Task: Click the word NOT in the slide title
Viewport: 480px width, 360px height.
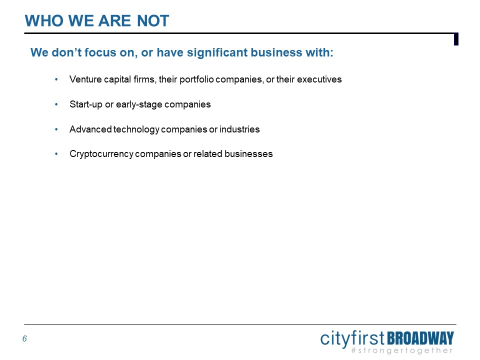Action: (153, 21)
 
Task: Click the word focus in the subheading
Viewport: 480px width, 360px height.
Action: (100, 52)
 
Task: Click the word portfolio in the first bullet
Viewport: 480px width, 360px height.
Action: (196, 79)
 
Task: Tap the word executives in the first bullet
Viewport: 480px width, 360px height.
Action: (319, 79)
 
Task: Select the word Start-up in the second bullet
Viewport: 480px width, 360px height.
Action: (85, 104)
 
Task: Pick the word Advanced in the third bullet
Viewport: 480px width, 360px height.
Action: (90, 129)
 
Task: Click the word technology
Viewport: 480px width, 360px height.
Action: (136, 129)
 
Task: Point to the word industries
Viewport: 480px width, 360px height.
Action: (239, 129)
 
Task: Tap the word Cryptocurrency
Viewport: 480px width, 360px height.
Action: (101, 154)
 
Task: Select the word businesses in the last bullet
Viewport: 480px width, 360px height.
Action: (248, 153)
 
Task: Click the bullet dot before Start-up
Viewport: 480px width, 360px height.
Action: (56, 104)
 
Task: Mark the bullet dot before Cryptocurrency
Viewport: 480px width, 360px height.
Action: (56, 153)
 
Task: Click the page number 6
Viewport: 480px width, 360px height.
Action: (24, 338)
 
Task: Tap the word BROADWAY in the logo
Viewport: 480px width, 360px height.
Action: (420, 338)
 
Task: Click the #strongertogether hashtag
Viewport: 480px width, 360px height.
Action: (402, 350)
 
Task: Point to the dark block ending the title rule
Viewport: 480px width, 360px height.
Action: (456, 39)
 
